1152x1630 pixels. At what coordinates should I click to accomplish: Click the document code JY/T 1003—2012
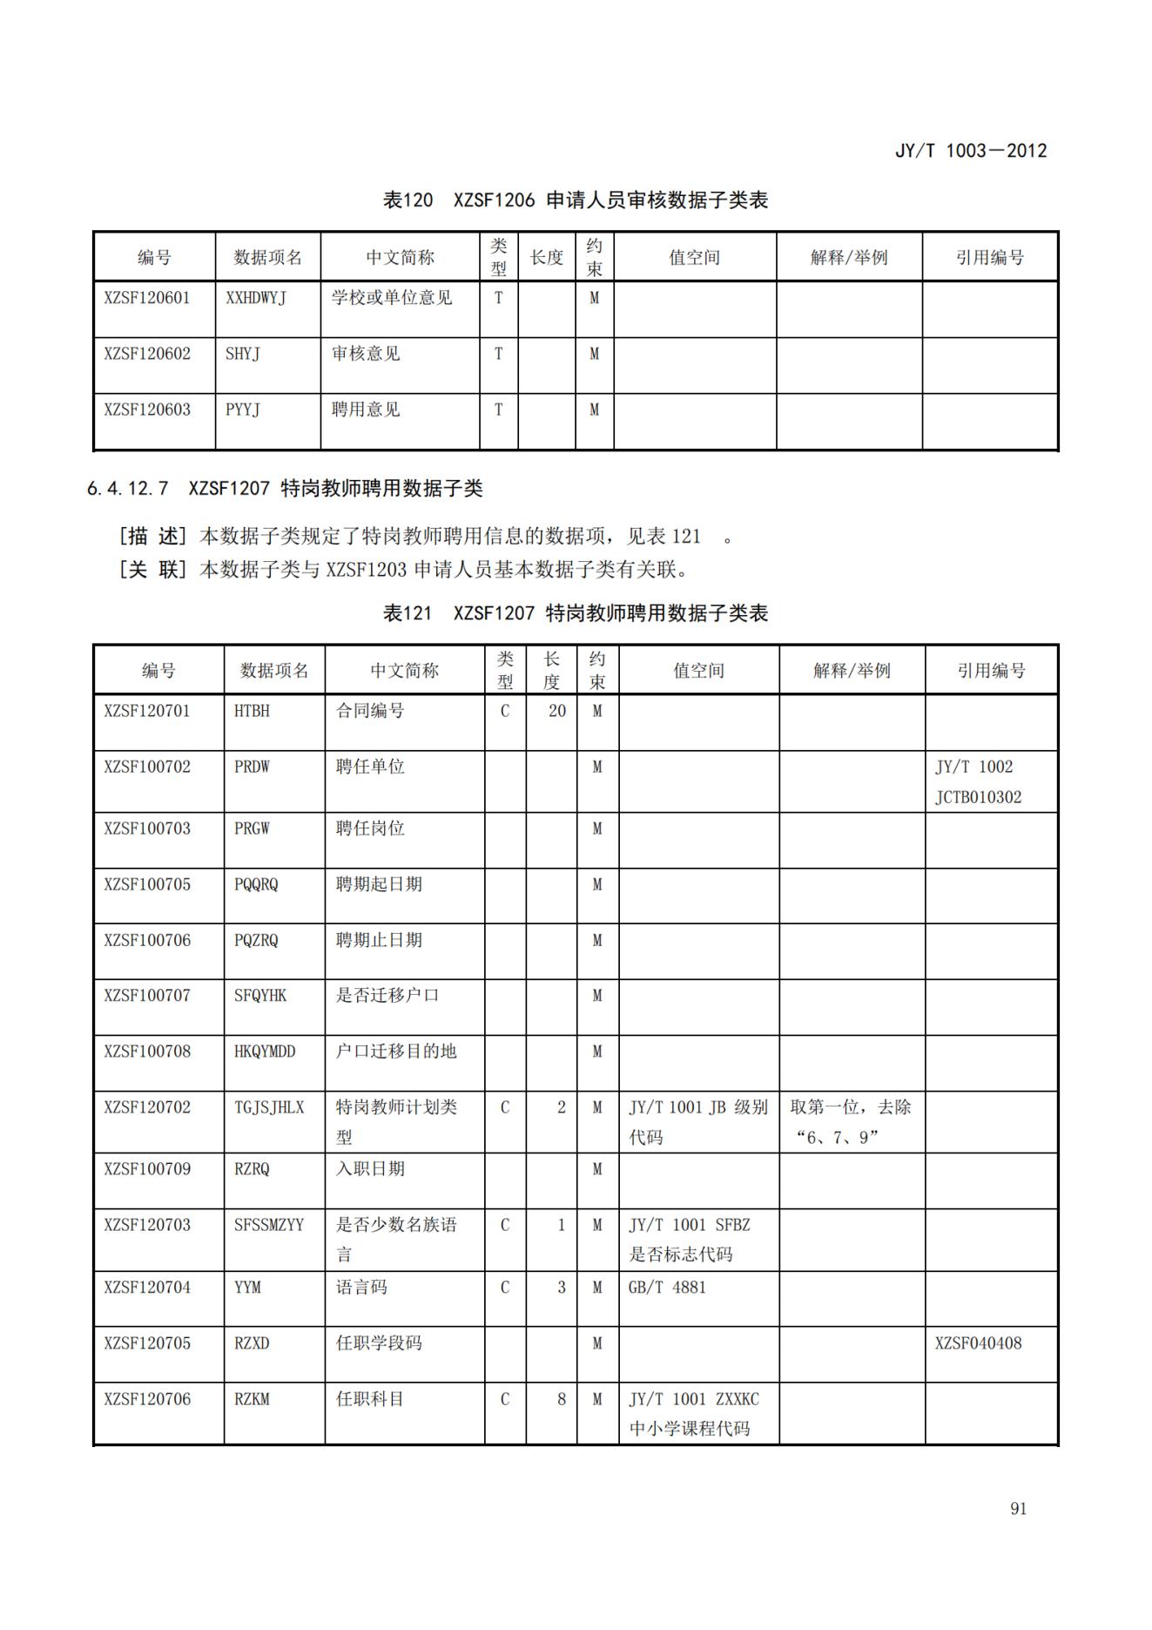(970, 151)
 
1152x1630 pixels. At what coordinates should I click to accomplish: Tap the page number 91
(1018, 1509)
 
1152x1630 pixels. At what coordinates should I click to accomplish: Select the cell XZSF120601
(146, 298)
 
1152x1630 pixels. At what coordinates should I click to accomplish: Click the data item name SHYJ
(243, 354)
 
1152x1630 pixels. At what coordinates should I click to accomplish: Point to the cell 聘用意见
(366, 409)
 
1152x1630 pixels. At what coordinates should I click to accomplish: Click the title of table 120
(575, 200)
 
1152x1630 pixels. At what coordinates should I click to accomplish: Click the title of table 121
(575, 613)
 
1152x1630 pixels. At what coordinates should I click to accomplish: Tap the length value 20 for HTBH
(556, 711)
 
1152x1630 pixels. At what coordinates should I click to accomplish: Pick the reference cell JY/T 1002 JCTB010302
(978, 781)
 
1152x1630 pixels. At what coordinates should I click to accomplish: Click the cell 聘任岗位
(370, 829)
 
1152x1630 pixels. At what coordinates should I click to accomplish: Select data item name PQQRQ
(256, 884)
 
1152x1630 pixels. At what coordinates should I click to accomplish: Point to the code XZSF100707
(146, 996)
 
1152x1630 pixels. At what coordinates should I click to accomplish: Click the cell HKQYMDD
(265, 1052)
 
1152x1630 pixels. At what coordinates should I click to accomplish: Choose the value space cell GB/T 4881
(667, 1288)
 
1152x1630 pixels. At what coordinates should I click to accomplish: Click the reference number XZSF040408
(978, 1343)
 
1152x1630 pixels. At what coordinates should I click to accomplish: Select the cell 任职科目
(370, 1399)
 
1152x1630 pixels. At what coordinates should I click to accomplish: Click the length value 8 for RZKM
(561, 1399)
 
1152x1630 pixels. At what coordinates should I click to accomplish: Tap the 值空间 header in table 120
(694, 258)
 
